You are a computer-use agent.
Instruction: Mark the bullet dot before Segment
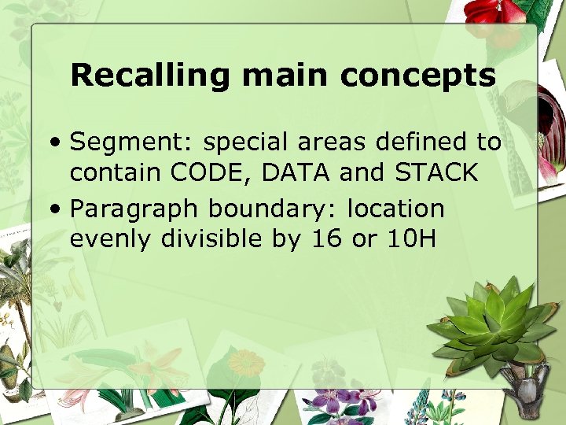(x=53, y=143)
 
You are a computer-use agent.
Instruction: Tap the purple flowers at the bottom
(x=339, y=397)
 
